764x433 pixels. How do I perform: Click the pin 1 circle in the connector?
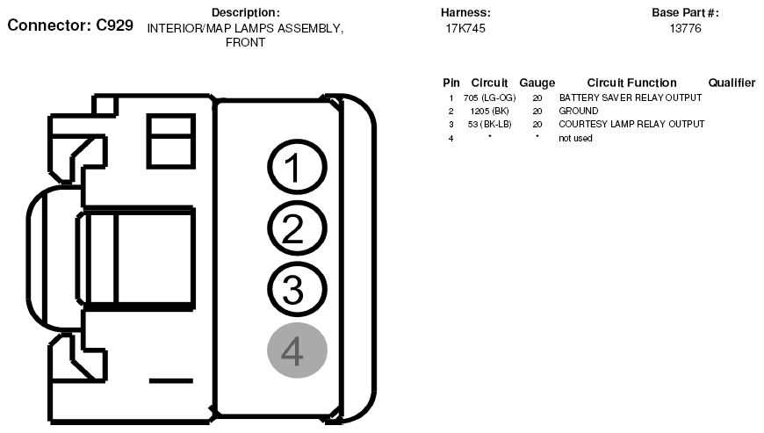click(x=297, y=169)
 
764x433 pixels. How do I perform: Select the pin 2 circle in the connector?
click(x=297, y=229)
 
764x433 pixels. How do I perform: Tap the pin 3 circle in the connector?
click(x=297, y=289)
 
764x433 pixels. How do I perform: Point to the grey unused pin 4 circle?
click(x=297, y=351)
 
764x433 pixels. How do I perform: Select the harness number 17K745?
click(x=465, y=29)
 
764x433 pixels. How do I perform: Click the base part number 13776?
click(x=685, y=29)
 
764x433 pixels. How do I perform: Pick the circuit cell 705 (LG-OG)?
click(x=489, y=97)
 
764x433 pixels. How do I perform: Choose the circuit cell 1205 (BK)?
click(x=489, y=111)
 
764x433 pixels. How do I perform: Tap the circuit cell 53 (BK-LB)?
click(x=489, y=124)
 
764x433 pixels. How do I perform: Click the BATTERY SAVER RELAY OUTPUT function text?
click(x=630, y=97)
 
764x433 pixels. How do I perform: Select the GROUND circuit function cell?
click(x=578, y=111)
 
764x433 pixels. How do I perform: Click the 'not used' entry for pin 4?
click(x=575, y=138)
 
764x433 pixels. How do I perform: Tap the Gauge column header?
click(x=537, y=83)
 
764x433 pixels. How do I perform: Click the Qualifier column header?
click(x=732, y=83)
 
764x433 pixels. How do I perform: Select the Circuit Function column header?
click(x=631, y=83)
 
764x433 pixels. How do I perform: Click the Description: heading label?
click(x=246, y=12)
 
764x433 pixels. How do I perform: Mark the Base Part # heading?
click(x=685, y=12)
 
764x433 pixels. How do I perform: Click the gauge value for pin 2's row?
click(x=537, y=111)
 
